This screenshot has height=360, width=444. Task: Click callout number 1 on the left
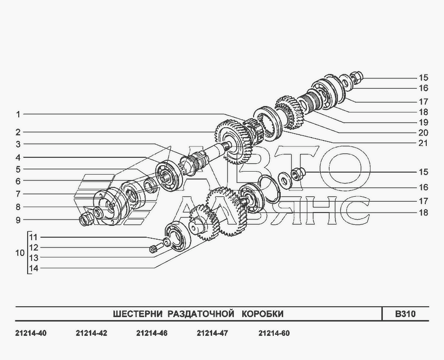pyautogui.click(x=18, y=114)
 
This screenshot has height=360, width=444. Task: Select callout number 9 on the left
pyautogui.click(x=18, y=220)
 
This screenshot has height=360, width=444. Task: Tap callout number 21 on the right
pyautogui.click(x=423, y=143)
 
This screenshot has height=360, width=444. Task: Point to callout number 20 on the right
pyautogui.click(x=423, y=133)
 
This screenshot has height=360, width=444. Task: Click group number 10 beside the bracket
pyautogui.click(x=20, y=252)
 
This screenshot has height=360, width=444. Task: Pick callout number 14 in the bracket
pyautogui.click(x=34, y=268)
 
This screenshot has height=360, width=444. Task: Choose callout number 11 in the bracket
pyautogui.click(x=34, y=237)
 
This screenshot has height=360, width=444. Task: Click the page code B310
pyautogui.click(x=406, y=314)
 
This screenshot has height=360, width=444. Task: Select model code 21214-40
pyautogui.click(x=31, y=333)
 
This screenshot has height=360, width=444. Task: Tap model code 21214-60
pyautogui.click(x=274, y=333)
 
